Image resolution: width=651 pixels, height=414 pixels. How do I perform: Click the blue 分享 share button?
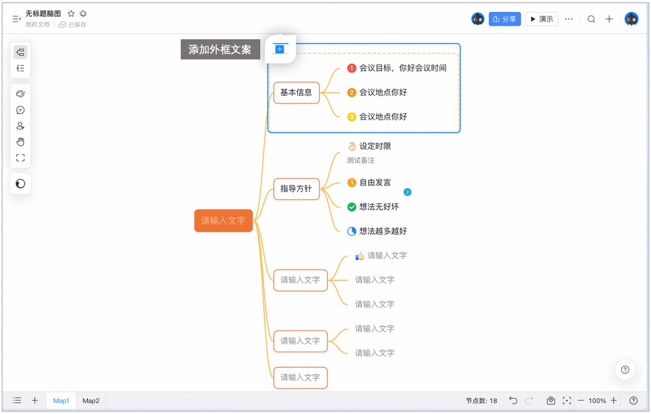504,19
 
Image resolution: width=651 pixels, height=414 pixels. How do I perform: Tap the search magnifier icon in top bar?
591,19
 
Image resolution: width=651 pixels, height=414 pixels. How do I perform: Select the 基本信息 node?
297,93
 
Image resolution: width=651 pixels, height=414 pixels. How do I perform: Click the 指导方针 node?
297,189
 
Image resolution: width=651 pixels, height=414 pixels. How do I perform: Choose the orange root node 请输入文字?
223,221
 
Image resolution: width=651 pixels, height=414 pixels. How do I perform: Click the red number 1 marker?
351,68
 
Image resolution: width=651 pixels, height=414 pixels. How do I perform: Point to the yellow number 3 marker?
351,117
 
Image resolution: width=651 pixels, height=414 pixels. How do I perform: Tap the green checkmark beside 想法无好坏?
351,207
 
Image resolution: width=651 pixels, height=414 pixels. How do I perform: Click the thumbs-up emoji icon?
360,256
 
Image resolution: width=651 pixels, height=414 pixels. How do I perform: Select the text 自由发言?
375,183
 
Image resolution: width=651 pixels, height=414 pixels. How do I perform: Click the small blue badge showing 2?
407,192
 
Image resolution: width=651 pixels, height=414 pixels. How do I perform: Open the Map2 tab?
91,400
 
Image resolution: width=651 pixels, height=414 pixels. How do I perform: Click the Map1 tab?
61,400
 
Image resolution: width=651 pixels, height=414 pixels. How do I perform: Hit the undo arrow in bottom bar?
513,400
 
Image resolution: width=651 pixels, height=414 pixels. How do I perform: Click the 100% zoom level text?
597,401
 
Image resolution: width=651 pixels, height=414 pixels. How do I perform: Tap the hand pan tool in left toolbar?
20,142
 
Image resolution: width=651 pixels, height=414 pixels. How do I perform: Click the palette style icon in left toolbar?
20,94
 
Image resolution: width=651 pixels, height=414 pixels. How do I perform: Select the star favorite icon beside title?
71,14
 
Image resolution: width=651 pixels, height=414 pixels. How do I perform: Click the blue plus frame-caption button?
279,49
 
